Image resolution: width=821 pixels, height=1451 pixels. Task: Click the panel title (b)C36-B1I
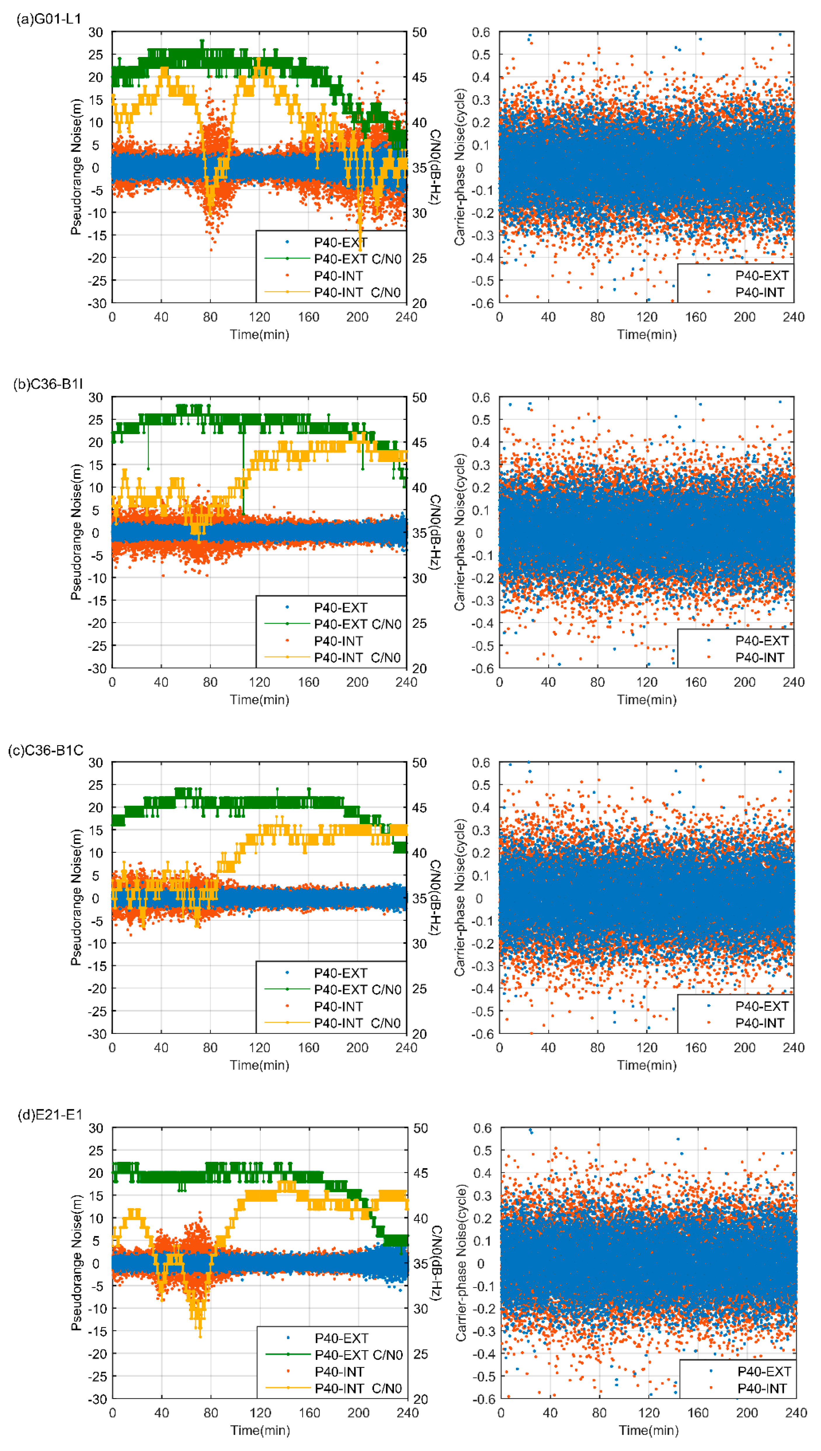click(48, 384)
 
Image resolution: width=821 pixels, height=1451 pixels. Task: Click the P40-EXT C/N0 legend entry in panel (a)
click(357, 259)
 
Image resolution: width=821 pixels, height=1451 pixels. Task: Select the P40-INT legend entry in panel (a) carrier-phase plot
click(759, 292)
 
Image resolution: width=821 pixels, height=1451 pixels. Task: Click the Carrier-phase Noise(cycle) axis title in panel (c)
click(460, 898)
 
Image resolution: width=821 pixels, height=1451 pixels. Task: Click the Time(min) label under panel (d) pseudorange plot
click(260, 1430)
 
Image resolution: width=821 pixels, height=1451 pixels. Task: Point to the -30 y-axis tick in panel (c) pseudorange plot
click(96, 1034)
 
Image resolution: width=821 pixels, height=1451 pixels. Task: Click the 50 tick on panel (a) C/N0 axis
click(419, 32)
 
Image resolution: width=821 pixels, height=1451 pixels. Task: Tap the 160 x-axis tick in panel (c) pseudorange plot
click(308, 1048)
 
